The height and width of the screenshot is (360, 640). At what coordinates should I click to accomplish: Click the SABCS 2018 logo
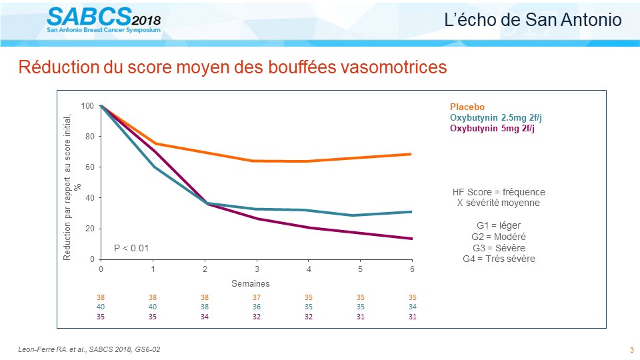click(104, 20)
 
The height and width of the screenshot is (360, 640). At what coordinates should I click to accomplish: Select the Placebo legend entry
click(467, 107)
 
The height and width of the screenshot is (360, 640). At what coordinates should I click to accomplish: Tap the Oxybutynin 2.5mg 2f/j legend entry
click(496, 117)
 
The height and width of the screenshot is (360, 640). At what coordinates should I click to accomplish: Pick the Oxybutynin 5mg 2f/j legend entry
click(492, 128)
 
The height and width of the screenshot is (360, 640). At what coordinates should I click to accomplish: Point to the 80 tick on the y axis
click(90, 136)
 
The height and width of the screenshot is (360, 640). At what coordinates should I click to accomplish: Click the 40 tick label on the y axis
click(90, 197)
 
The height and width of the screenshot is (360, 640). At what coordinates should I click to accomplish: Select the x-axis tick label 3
click(257, 269)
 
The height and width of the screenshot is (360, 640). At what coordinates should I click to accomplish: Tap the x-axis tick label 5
click(361, 269)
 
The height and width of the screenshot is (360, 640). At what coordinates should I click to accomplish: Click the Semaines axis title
click(251, 283)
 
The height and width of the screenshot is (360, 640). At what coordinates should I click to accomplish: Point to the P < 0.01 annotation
click(131, 248)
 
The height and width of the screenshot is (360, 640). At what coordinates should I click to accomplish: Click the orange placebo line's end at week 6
click(411, 154)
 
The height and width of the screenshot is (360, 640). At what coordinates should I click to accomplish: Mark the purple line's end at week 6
click(411, 239)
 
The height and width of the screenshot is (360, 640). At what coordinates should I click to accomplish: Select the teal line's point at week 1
click(153, 167)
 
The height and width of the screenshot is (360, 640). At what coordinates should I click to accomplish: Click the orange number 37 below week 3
click(256, 297)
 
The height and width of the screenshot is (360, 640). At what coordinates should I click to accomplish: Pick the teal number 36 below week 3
click(256, 307)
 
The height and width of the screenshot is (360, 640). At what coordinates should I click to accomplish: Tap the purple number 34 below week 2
click(205, 316)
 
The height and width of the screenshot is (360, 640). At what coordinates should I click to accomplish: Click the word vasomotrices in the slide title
click(393, 67)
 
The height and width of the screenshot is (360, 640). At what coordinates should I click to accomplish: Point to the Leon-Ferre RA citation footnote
click(89, 349)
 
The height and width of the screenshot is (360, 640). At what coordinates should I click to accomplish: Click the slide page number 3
click(632, 350)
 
